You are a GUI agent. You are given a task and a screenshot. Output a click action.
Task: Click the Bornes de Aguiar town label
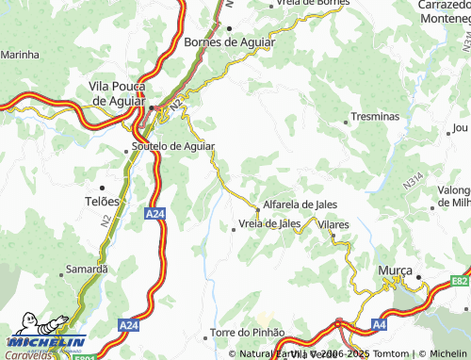pos(230,42)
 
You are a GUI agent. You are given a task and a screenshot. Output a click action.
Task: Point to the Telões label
pos(103,202)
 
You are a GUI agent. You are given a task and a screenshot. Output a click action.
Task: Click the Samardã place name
pos(87,270)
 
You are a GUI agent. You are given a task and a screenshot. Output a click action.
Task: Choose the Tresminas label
pos(374,116)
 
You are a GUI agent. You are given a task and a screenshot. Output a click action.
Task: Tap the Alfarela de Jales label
pos(300,205)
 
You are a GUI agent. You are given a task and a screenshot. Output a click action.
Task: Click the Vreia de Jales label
pos(269,223)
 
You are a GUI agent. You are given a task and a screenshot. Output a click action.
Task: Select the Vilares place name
pos(333,225)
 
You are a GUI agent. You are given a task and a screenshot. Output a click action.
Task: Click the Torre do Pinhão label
pos(247,333)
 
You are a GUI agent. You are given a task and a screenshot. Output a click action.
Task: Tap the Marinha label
pos(20,56)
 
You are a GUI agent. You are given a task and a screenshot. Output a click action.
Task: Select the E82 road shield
pos(459,281)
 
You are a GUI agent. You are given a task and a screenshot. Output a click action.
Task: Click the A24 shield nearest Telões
pos(156,216)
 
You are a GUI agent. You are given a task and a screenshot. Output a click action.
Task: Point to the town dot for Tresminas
pos(345,116)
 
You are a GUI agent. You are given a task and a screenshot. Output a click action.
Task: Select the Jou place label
pos(460,127)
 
